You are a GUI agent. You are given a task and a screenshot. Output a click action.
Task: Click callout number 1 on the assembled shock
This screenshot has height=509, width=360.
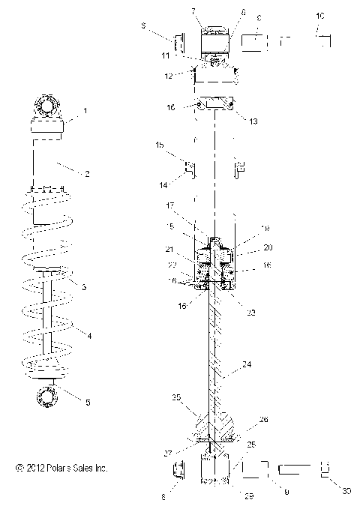(x=85, y=110)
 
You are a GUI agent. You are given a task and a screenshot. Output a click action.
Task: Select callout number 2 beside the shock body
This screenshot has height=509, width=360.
(x=87, y=174)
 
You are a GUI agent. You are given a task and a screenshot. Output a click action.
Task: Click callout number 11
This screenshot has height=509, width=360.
(x=186, y=55)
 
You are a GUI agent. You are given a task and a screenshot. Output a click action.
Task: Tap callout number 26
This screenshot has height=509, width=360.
(x=263, y=420)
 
